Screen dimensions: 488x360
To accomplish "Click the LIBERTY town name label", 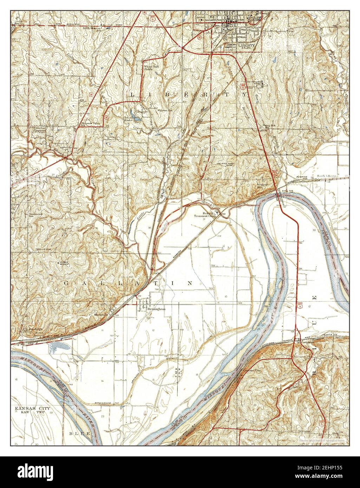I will tap(246, 45).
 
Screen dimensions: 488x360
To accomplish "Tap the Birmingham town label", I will tap(156, 309).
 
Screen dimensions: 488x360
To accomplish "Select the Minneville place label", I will tap(101, 315).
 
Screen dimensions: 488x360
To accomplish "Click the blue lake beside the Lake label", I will tap(138, 120).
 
